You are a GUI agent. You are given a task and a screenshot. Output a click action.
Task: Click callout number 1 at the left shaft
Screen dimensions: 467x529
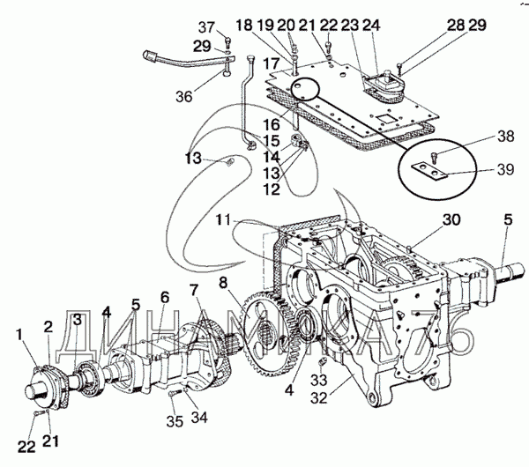19,335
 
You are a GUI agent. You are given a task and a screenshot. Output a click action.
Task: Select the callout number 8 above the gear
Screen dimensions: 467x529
223,284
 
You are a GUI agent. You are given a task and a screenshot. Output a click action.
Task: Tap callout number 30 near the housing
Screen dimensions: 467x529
427,219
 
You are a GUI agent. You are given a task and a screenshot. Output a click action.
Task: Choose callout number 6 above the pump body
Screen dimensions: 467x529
164,297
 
